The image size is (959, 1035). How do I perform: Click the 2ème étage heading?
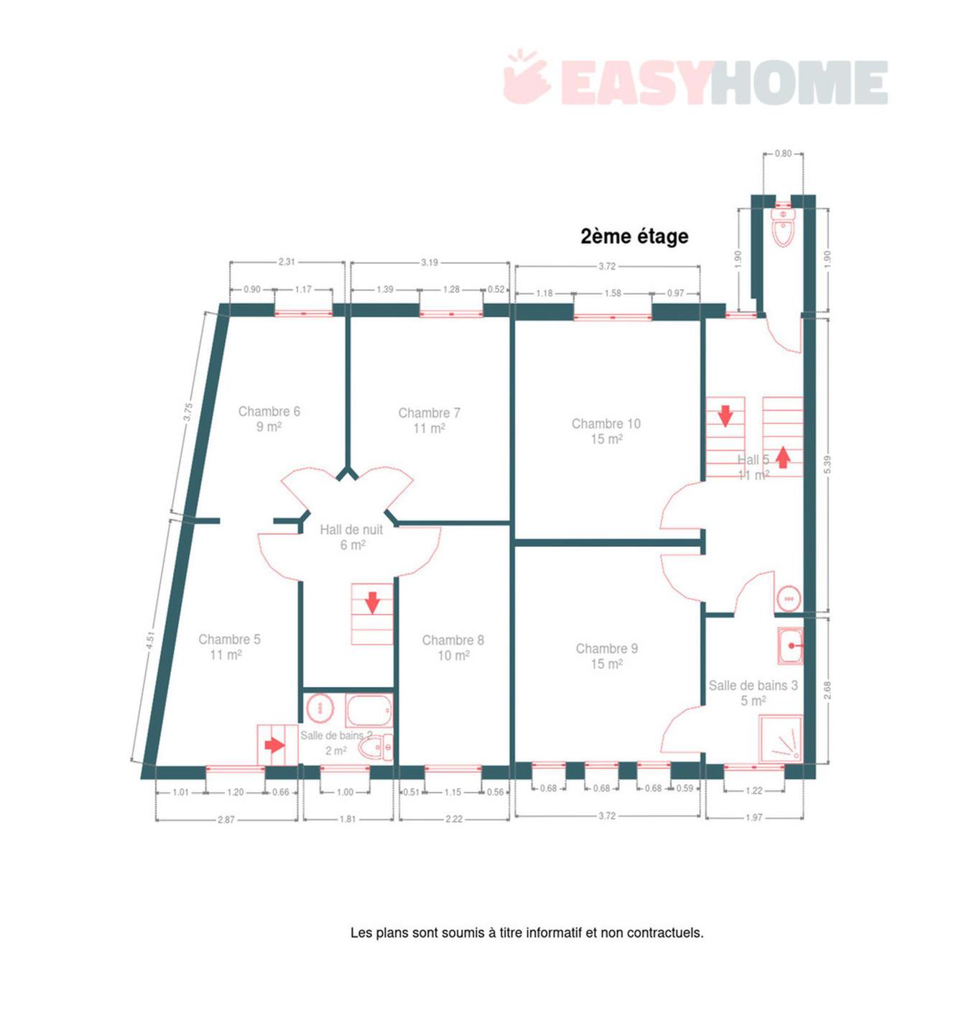pyautogui.click(x=634, y=236)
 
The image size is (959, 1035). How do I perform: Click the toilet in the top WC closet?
pyautogui.click(x=782, y=227)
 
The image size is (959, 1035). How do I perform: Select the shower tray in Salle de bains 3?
pyautogui.click(x=780, y=738)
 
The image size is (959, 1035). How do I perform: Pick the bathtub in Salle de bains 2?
pyautogui.click(x=369, y=710)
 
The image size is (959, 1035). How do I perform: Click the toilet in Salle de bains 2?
pyautogui.click(x=375, y=747)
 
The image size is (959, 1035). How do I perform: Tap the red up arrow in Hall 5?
pyautogui.click(x=782, y=458)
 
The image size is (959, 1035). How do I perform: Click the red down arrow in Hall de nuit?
pyautogui.click(x=372, y=602)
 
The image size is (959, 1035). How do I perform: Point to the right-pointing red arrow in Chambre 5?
pyautogui.click(x=274, y=745)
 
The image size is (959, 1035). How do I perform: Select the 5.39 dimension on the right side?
pyautogui.click(x=828, y=464)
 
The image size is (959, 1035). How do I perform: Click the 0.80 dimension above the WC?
pyautogui.click(x=783, y=153)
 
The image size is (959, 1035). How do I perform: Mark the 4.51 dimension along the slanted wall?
pyautogui.click(x=150, y=640)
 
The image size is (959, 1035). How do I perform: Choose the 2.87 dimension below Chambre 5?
pyautogui.click(x=226, y=820)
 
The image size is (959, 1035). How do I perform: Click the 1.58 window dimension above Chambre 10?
pyautogui.click(x=613, y=293)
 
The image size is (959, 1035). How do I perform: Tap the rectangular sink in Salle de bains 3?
pyautogui.click(x=789, y=645)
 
